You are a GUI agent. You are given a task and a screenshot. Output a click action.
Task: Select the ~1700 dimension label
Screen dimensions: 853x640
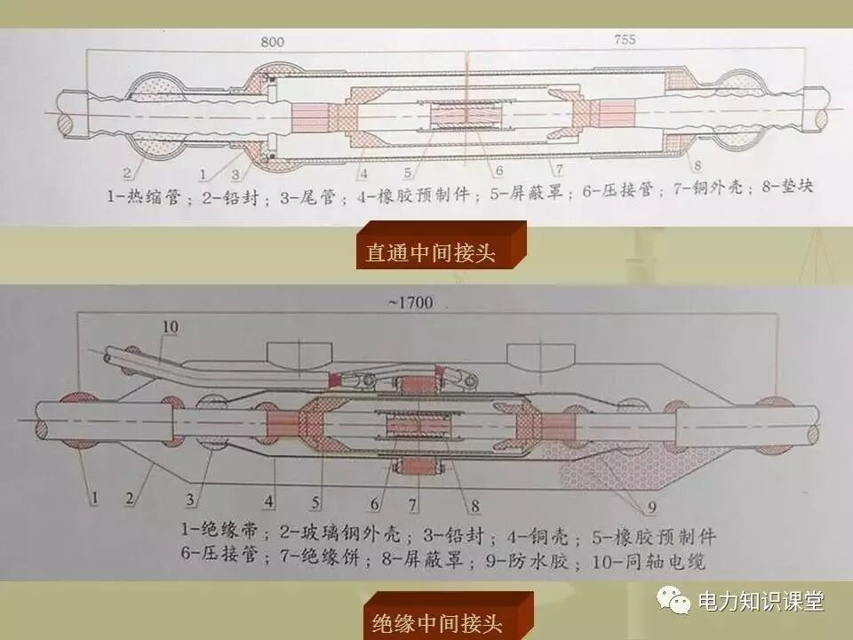411,303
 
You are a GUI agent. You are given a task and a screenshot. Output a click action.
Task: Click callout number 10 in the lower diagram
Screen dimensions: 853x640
170,327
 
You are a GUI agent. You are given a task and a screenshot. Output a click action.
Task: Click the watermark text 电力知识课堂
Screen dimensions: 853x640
761,602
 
